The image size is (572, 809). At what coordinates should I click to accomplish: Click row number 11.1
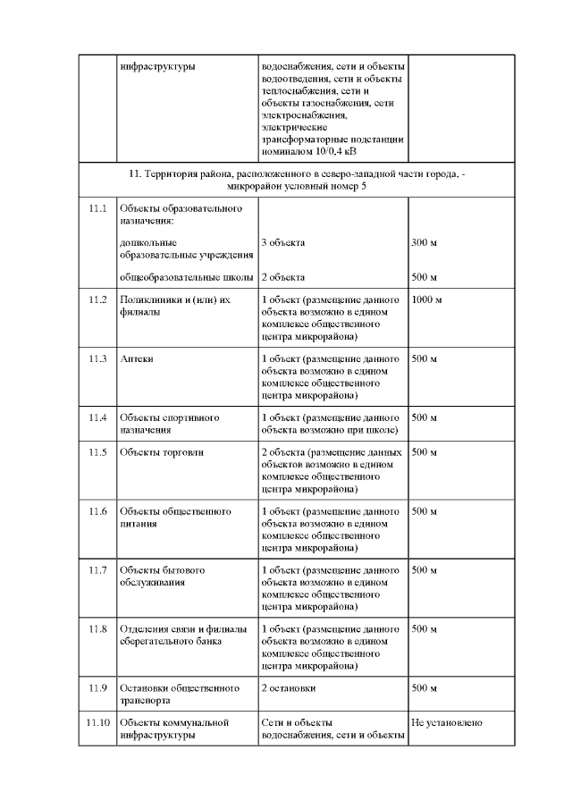(97, 208)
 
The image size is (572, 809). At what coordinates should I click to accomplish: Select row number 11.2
(97, 299)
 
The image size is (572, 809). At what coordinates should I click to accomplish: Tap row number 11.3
(97, 358)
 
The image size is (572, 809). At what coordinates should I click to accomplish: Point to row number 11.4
(97, 417)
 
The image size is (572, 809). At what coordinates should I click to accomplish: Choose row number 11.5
(97, 452)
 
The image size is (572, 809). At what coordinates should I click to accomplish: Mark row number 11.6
(97, 511)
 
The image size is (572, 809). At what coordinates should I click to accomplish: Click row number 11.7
(97, 570)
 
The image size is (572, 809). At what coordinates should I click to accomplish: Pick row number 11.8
(97, 629)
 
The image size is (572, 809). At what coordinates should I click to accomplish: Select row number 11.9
(97, 688)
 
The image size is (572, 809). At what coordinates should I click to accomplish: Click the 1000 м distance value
(427, 299)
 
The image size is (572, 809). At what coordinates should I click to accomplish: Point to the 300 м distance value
(424, 242)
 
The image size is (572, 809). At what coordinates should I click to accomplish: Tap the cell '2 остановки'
(288, 688)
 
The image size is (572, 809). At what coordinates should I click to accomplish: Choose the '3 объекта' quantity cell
(283, 242)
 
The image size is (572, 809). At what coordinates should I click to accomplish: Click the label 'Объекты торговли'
(162, 452)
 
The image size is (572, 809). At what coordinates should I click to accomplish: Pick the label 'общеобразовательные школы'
(187, 277)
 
